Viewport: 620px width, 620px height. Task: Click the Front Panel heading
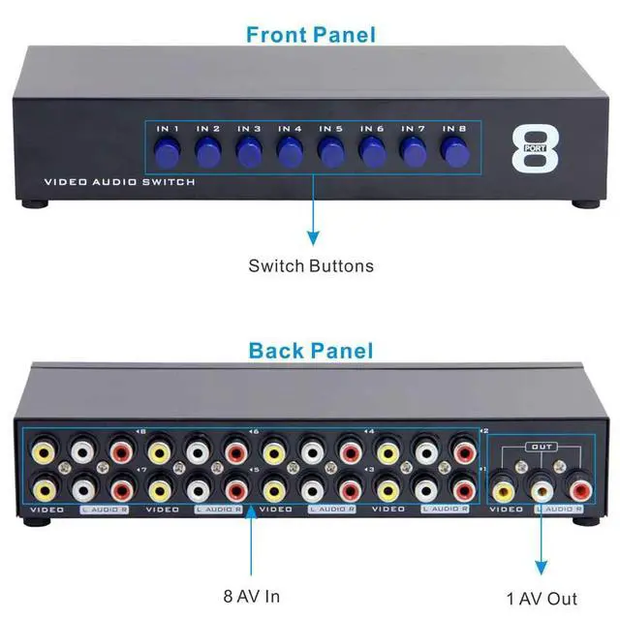coord(310,35)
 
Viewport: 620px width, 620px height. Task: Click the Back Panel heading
coord(310,350)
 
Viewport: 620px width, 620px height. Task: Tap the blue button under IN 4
coord(289,152)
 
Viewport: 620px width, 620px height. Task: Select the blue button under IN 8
coord(453,152)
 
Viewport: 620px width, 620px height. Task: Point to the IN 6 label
coord(372,129)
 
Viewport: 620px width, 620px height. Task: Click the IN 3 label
coord(249,129)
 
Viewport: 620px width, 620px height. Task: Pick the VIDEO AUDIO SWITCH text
coord(119,182)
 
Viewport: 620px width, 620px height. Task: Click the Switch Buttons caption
coord(310,265)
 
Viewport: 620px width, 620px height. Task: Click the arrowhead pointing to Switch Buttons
coord(312,236)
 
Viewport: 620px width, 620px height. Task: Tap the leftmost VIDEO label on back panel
coord(46,508)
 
